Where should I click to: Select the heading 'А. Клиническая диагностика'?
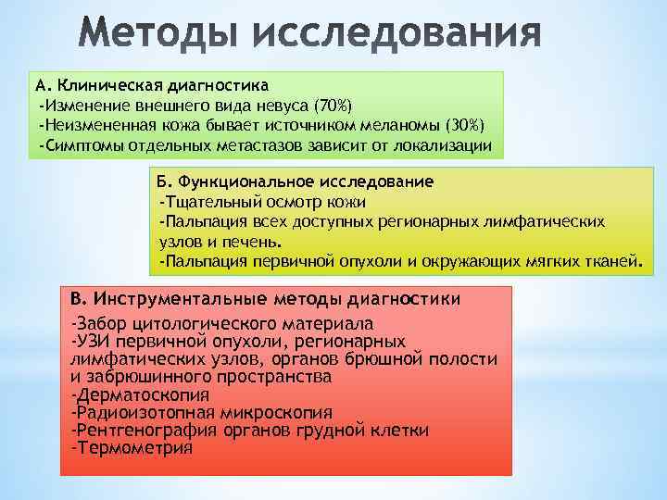point(152,85)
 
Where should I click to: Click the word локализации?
point(448,145)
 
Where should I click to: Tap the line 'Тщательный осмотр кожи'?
point(263,201)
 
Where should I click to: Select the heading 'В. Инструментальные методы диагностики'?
point(264,300)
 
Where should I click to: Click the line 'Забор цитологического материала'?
point(222,324)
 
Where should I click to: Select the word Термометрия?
point(134,448)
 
